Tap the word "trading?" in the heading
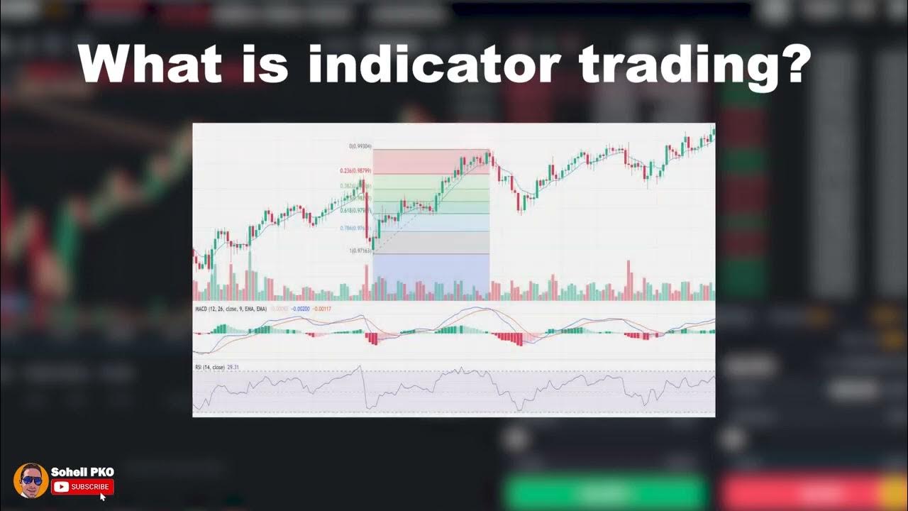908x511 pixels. pos(694,66)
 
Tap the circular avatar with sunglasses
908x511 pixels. pos(31,480)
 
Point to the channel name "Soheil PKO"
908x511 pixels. pos(82,472)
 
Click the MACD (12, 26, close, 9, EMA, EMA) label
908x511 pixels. pos(231,309)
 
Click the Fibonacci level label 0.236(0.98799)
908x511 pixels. pos(356,171)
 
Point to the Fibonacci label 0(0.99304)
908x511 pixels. pos(360,146)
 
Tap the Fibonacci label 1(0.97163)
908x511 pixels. pos(360,251)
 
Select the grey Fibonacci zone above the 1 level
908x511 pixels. pos(431,242)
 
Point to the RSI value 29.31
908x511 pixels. pos(233,367)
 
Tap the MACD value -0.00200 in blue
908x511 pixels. pos(301,309)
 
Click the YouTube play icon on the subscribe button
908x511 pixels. pos(61,487)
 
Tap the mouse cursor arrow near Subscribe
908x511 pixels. pos(102,496)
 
